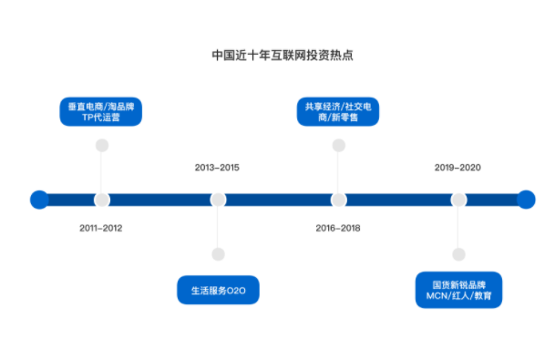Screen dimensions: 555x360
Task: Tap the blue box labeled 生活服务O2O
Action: (219, 291)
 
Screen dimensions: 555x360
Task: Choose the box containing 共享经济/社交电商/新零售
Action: (338, 112)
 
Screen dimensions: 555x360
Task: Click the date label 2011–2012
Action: (100, 228)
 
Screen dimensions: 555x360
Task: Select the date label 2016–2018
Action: (338, 228)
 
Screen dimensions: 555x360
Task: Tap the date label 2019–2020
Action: (457, 168)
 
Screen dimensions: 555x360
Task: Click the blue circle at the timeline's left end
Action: (39, 200)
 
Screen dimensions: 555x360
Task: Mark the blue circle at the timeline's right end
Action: (526, 200)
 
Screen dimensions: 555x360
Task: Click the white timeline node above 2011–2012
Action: (102, 200)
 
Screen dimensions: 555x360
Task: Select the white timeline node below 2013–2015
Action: (218, 200)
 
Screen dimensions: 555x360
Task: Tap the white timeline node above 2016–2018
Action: (339, 200)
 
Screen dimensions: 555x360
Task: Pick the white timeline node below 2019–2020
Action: (458, 200)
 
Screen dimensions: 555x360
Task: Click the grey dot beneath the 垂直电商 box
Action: (102, 145)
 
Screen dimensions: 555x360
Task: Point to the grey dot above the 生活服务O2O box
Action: (218, 254)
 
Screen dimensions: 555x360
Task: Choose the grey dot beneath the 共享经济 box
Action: (339, 145)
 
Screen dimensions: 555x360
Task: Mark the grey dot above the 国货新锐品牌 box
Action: (458, 254)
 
